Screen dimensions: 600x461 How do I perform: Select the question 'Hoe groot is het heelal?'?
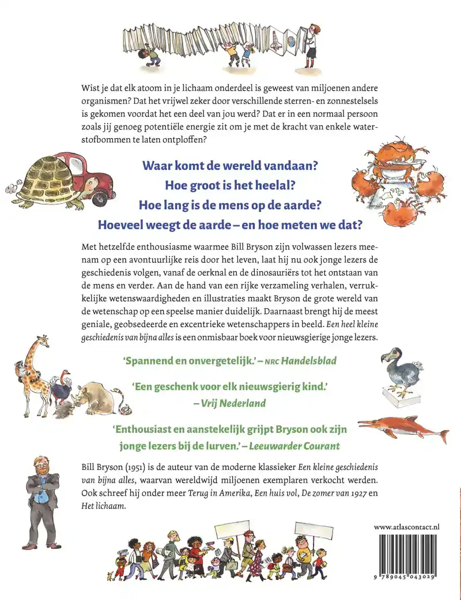click(x=229, y=185)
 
